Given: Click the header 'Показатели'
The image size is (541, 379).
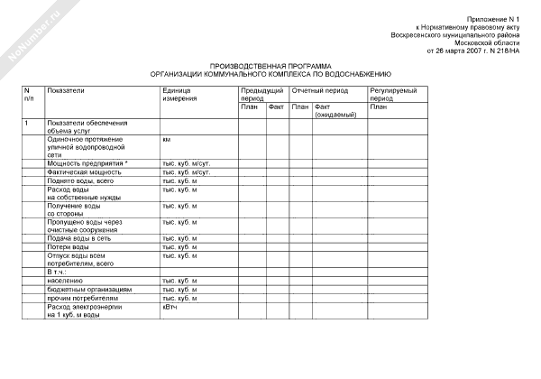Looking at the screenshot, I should click(66, 91).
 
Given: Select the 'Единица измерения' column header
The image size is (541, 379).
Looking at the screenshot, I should click(180, 95).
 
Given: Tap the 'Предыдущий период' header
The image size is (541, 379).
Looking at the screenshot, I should click(262, 95).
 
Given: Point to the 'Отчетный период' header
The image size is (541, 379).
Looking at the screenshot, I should click(318, 91).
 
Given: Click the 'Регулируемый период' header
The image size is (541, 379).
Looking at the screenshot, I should click(392, 95).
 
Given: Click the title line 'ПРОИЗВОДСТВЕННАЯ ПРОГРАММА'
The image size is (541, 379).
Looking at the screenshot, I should click(270, 67).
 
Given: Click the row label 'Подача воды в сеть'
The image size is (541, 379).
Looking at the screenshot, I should click(78, 238).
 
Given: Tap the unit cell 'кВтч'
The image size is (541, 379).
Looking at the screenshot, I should click(170, 308).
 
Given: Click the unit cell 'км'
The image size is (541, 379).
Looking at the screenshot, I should click(167, 140).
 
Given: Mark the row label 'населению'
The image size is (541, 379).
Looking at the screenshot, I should click(68, 281).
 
